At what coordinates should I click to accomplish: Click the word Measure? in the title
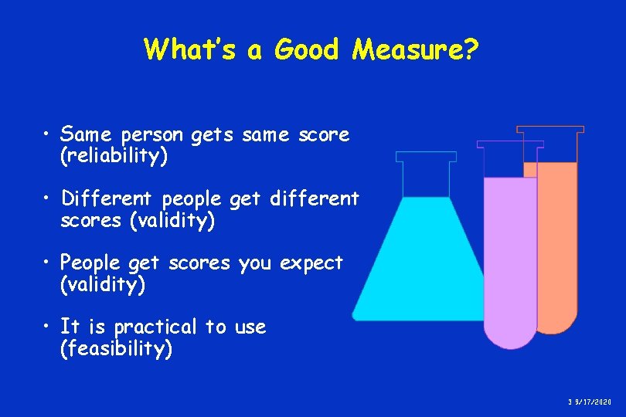416,50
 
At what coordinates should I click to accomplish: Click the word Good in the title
308,50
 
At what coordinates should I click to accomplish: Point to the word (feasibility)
116,349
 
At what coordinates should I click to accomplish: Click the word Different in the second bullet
108,199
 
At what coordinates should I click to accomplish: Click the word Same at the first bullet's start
83,135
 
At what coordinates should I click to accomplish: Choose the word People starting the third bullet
90,263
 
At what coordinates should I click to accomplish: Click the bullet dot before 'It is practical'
48,327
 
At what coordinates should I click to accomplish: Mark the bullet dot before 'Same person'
48,135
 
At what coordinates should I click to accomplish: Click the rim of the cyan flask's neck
426,156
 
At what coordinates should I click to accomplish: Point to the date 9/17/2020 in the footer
593,402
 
